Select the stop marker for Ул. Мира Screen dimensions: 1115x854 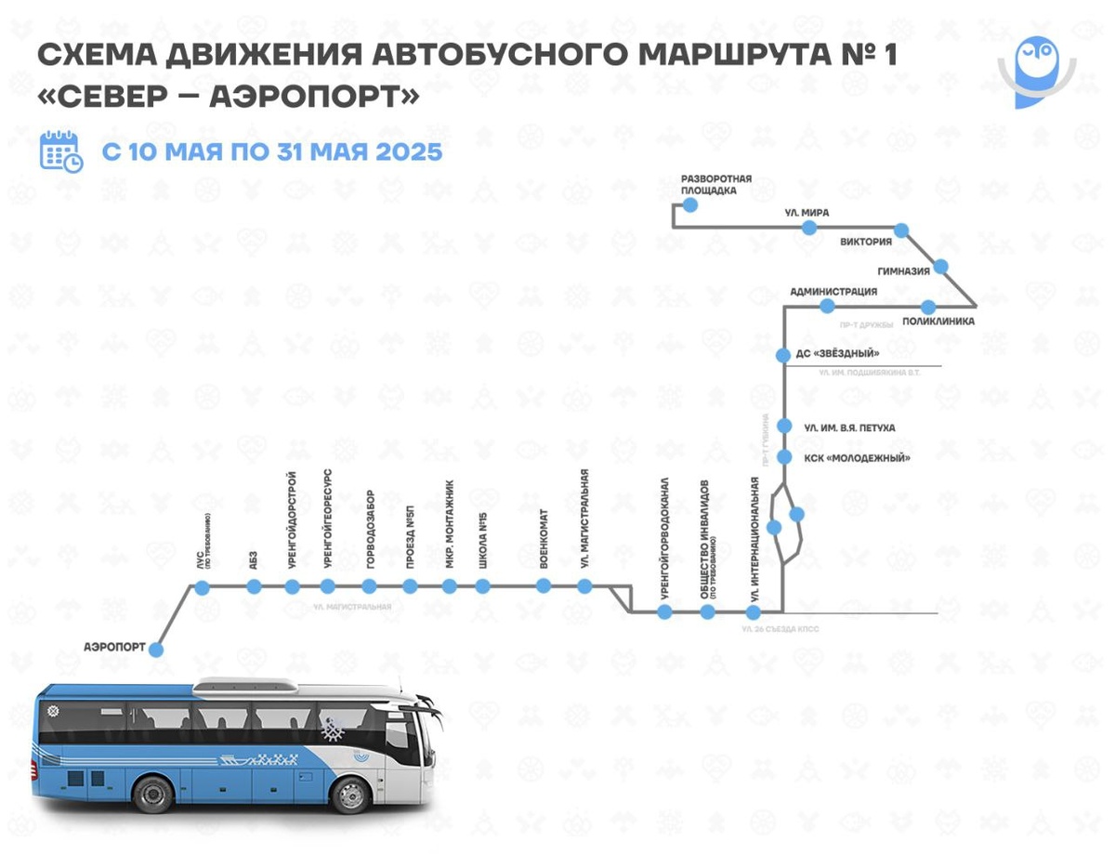tap(809, 228)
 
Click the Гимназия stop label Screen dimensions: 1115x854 tap(904, 271)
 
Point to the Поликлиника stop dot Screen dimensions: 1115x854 tap(927, 307)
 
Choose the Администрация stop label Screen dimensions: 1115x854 tap(833, 292)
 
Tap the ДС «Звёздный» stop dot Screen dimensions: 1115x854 tap(784, 354)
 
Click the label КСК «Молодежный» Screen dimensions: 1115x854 tap(856, 458)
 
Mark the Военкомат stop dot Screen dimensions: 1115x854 tap(544, 585)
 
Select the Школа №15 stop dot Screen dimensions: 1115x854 tap(482, 585)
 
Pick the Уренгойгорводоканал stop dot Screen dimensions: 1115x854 tap(664, 611)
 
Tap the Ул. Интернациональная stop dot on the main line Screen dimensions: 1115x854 tap(754, 612)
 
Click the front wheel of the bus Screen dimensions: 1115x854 tap(351, 795)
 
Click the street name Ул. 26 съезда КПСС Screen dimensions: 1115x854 tap(780, 629)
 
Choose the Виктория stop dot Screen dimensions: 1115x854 tap(900, 230)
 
